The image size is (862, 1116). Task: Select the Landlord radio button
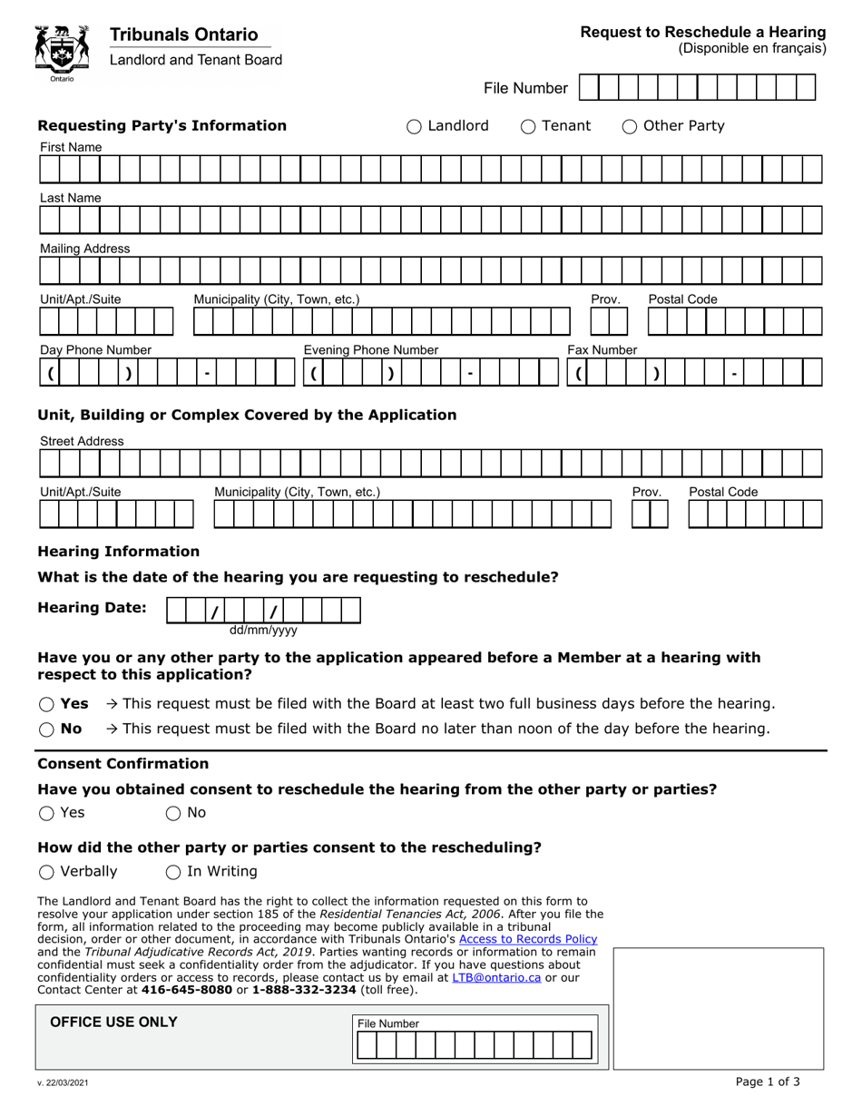tap(414, 127)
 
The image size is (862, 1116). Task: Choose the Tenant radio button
tap(528, 127)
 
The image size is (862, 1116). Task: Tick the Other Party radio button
tap(630, 127)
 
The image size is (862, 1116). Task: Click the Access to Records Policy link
tap(528, 939)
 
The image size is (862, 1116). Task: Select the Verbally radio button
tap(46, 872)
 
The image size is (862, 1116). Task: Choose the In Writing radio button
tap(173, 872)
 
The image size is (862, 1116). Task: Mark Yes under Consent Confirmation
tap(46, 814)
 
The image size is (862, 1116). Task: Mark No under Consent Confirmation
tap(173, 814)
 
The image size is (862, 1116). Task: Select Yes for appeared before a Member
tap(46, 704)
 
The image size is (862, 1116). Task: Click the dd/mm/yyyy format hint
tap(263, 630)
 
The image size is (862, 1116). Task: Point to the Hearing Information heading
tap(118, 552)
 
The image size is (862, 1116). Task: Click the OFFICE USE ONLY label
tap(113, 1023)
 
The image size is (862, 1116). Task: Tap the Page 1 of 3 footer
tap(768, 1082)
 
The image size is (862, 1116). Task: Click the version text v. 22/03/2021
tap(64, 1082)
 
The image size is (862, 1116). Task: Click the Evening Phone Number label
tap(370, 350)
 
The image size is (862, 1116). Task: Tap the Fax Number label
tap(602, 350)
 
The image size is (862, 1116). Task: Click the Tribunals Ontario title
tap(183, 34)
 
